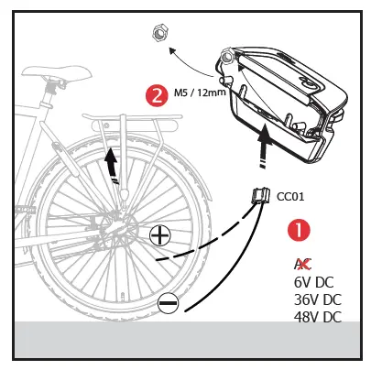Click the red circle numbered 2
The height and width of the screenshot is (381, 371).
(x=157, y=93)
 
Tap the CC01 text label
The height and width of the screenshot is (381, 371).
(x=290, y=194)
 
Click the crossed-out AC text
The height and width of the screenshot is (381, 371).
(x=301, y=264)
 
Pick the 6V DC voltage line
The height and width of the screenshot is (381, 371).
(x=312, y=282)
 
